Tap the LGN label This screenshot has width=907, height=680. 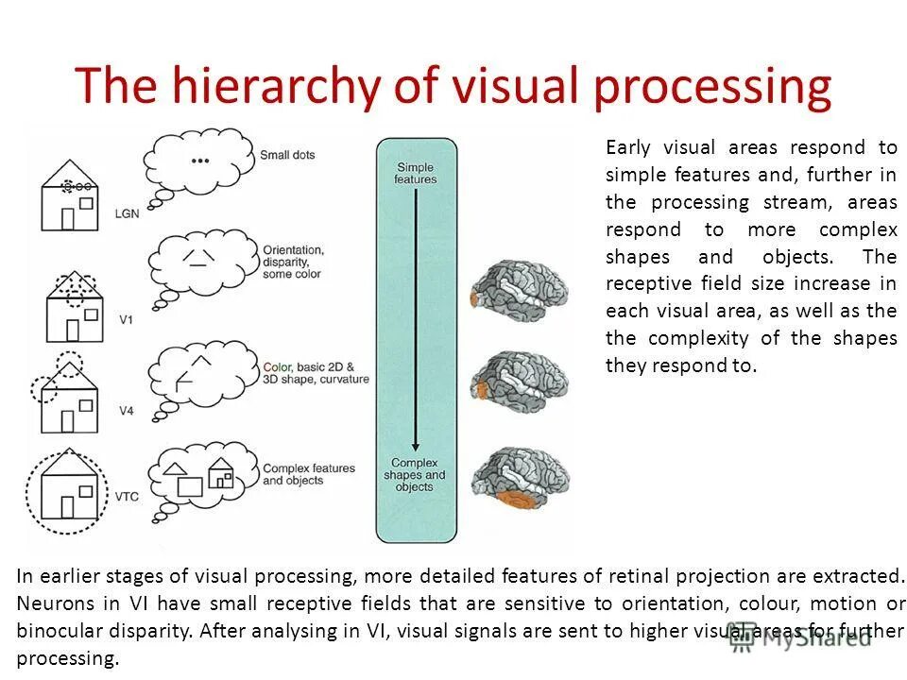coord(127,213)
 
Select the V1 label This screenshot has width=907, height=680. coord(126,320)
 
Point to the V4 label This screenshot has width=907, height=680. coord(126,410)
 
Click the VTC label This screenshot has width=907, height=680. coord(128,496)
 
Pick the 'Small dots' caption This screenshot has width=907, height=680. coord(287,155)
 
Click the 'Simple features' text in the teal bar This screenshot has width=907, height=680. coord(416,173)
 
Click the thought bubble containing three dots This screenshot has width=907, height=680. coord(200,161)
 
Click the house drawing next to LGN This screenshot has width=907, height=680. coord(70,202)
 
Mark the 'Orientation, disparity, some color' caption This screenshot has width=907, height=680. coord(293,262)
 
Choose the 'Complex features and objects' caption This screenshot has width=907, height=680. coord(308,474)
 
